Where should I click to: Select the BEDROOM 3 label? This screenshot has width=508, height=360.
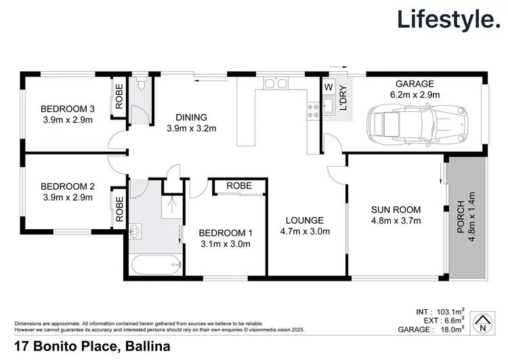click(66, 109)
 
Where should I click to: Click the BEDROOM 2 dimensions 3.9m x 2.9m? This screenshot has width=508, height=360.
click(66, 198)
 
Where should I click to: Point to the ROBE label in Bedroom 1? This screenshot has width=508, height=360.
click(239, 186)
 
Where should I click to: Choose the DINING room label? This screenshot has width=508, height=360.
click(191, 117)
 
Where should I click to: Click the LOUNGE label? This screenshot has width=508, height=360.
click(305, 220)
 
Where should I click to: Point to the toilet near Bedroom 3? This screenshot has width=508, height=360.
click(140, 85)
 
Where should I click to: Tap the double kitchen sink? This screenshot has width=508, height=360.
click(275, 84)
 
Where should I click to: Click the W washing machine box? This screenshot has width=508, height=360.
click(329, 87)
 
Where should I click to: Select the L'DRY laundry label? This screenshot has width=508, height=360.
click(343, 98)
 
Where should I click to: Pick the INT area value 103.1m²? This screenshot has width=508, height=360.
click(448, 312)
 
